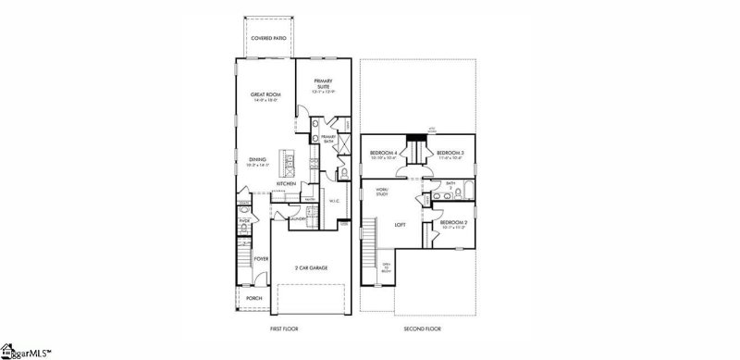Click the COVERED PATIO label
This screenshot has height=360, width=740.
tap(268, 39)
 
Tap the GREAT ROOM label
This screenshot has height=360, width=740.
tap(266, 94)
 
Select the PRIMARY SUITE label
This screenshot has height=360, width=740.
tap(321, 82)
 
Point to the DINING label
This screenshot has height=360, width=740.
tap(258, 160)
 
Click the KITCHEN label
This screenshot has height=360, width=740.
tap(285, 183)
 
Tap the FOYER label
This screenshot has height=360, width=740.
tap(261, 259)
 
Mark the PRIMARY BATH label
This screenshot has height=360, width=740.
tap(327, 138)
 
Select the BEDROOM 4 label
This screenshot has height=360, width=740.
tap(384, 153)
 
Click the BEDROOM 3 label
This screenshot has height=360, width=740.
tap(450, 153)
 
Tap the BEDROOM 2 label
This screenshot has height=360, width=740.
tap(452, 223)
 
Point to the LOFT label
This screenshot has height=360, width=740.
tap(401, 224)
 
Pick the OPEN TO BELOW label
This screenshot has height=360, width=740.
tap(388, 268)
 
